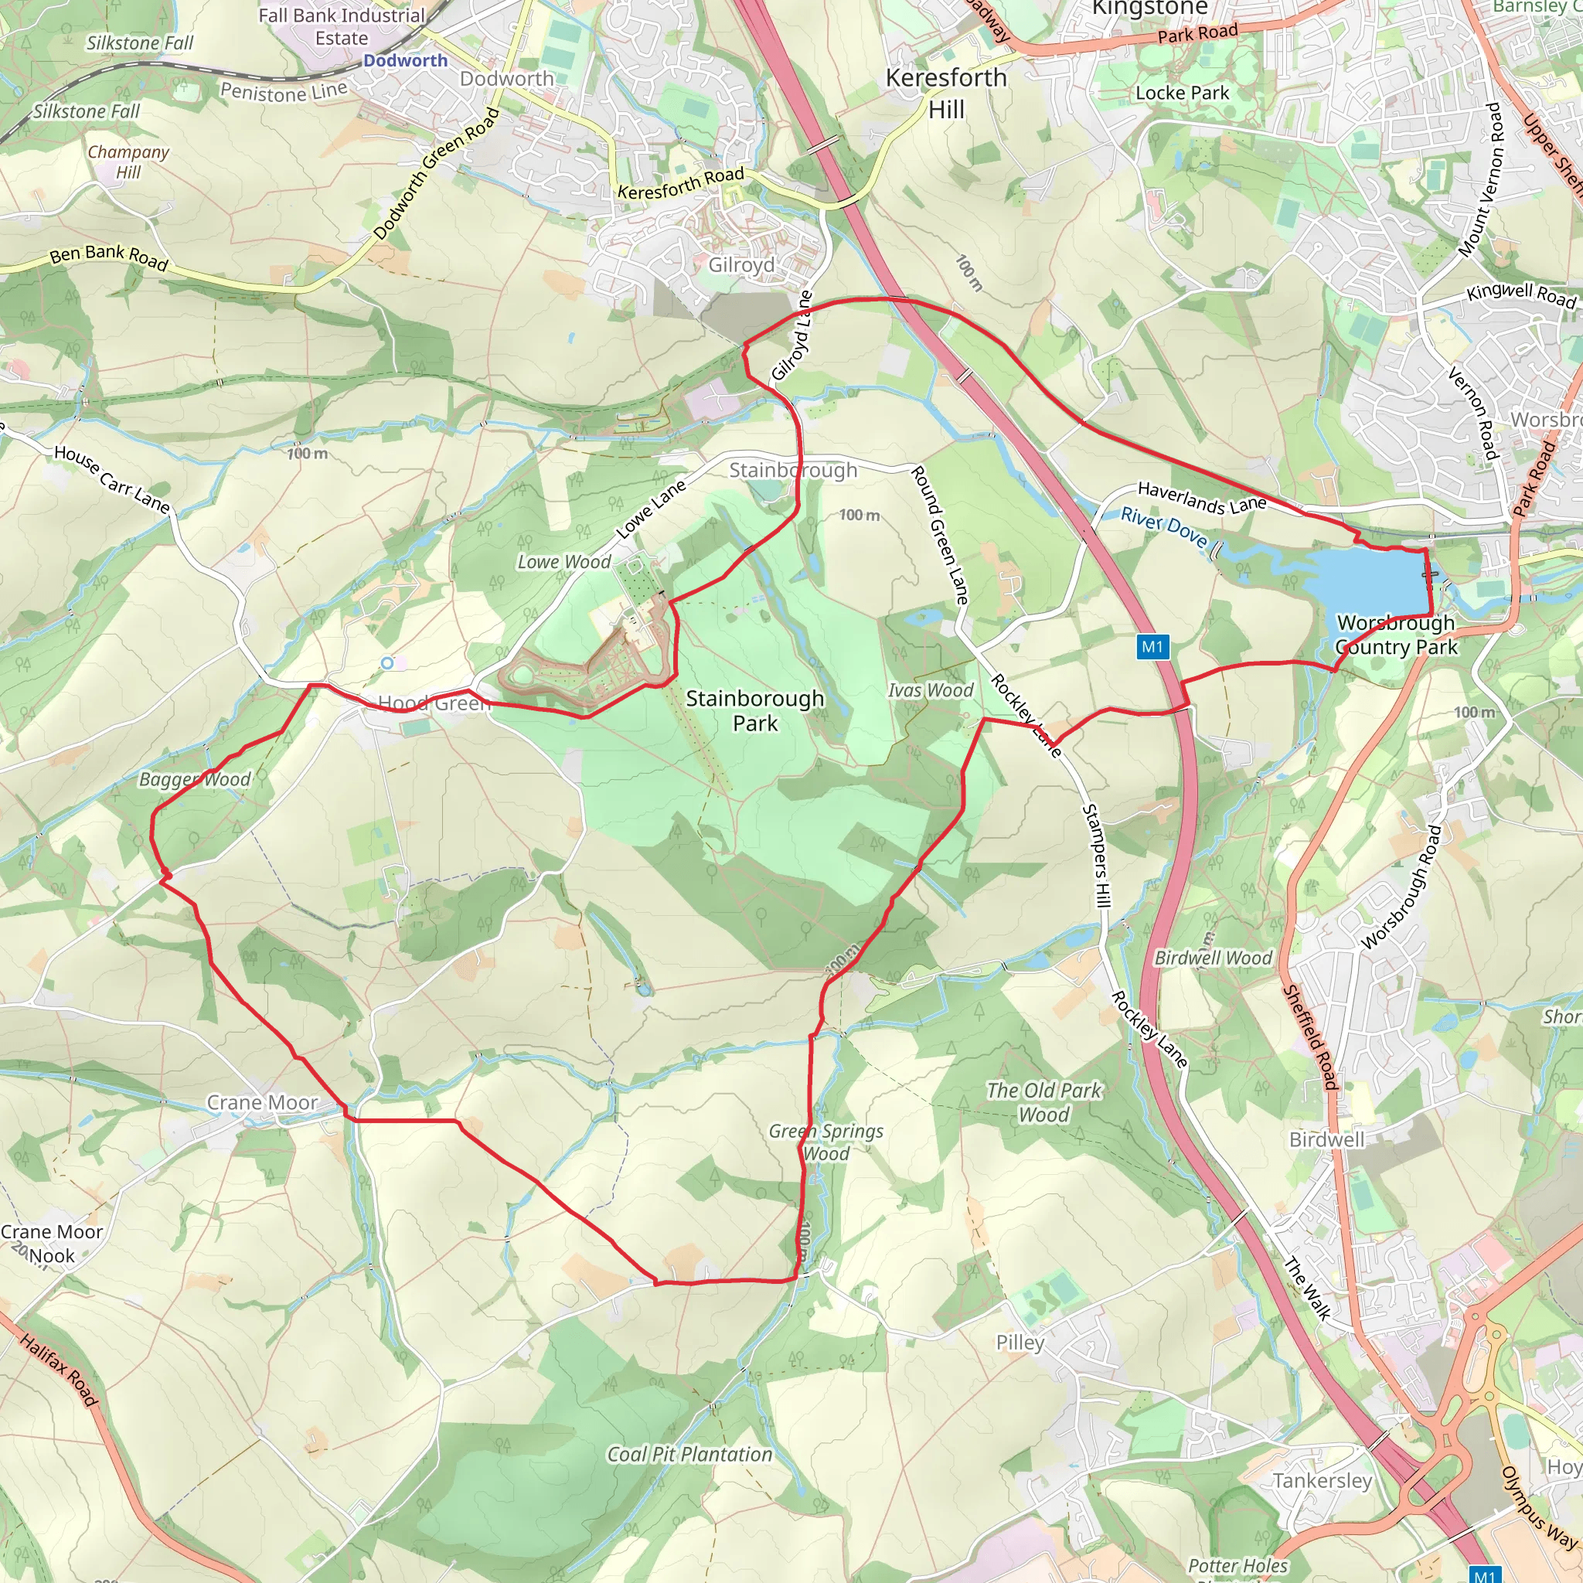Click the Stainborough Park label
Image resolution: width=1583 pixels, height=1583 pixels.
754,710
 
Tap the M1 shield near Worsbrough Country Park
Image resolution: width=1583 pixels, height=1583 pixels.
1152,647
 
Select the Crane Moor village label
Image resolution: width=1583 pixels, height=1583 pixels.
261,1103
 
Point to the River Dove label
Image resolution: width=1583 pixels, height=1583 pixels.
1163,527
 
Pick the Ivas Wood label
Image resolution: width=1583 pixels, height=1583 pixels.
930,691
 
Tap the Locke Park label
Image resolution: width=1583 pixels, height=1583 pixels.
1182,94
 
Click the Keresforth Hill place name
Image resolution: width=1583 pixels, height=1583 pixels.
946,93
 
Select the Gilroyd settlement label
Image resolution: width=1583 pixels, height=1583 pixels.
740,265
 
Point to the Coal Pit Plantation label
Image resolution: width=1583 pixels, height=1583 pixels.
689,1455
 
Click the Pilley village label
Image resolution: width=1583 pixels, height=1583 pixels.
1020,1342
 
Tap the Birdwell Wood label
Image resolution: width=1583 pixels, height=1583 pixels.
1213,958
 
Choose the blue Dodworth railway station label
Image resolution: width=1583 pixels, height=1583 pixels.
406,60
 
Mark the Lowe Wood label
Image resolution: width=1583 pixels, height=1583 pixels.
563,562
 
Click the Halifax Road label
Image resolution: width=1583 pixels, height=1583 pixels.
59,1370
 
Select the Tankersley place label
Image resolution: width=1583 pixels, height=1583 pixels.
1322,1479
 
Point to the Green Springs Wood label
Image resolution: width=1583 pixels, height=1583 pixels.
826,1142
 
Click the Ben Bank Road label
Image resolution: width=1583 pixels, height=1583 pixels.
108,257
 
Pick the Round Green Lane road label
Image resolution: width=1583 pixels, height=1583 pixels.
939,535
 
